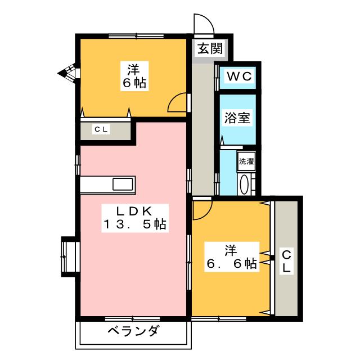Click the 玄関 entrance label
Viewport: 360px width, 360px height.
click(x=209, y=48)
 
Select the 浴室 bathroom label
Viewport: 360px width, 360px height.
click(x=237, y=118)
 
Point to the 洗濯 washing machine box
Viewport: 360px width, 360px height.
click(x=246, y=161)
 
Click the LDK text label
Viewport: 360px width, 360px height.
click(x=134, y=211)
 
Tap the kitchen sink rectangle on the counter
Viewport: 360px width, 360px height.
click(x=123, y=184)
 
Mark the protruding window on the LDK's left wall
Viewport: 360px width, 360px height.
click(x=69, y=256)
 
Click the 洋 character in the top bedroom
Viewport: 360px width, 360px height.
click(x=134, y=70)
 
